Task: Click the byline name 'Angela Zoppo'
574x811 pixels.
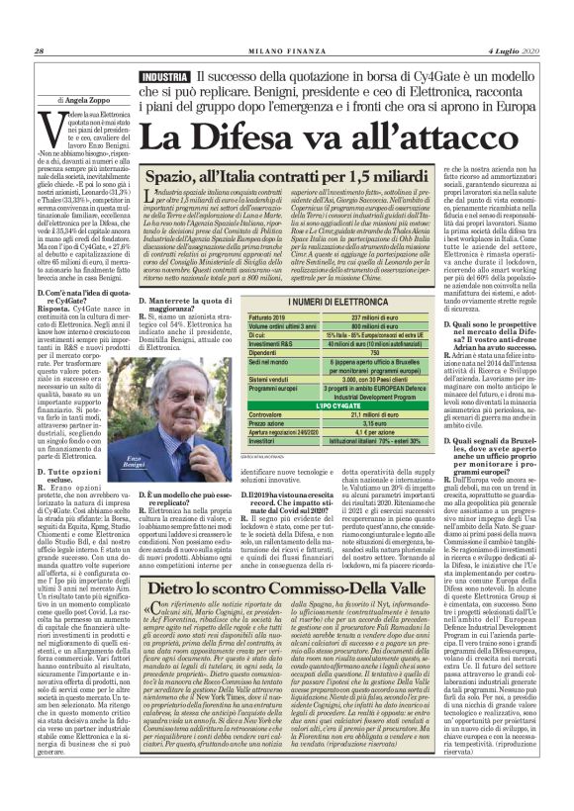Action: coord(74,100)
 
